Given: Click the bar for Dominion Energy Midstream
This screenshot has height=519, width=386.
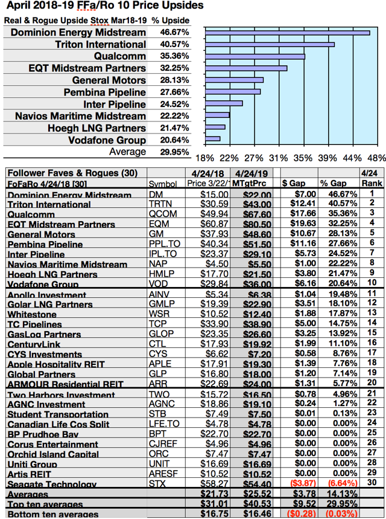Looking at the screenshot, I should [287, 33].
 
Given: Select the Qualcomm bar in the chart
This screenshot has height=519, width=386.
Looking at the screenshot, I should [255, 57].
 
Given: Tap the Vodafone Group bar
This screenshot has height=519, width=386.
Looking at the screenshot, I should [213, 140].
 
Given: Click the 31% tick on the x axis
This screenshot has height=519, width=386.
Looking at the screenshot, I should [277, 158].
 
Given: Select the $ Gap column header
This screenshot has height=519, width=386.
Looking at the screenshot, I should [296, 183].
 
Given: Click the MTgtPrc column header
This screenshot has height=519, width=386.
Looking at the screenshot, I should [248, 183].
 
